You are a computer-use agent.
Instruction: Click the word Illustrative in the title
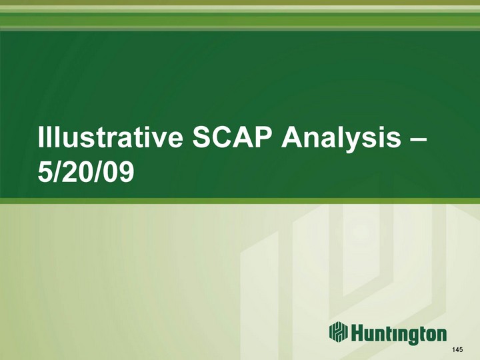pyautogui.click(x=110, y=137)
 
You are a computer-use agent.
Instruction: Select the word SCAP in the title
pyautogui.click(x=233, y=137)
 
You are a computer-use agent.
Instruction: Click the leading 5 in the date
pyautogui.click(x=44, y=171)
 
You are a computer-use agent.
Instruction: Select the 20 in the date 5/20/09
pyautogui.click(x=75, y=171)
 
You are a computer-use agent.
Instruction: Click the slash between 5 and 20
pyautogui.click(x=56, y=171)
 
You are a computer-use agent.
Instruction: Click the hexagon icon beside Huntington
pyautogui.click(x=339, y=332)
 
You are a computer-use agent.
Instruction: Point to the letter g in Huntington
pyautogui.click(x=413, y=337)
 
